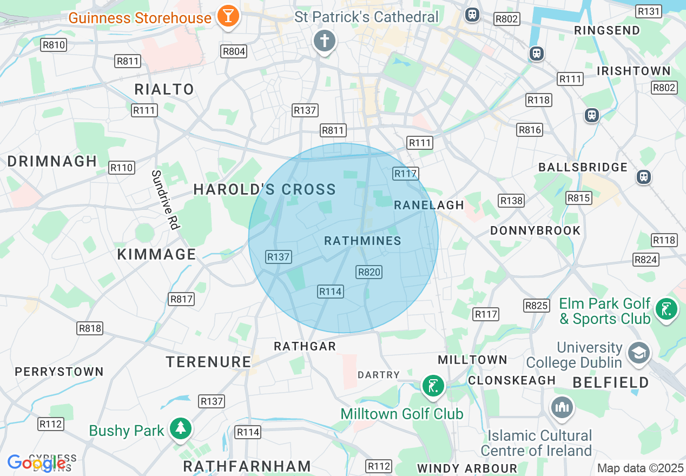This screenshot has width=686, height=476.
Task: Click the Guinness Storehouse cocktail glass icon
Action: tap(228, 16)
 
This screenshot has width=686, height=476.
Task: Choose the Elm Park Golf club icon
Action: tap(666, 309)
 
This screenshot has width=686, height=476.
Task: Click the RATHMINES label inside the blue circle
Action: tap(362, 241)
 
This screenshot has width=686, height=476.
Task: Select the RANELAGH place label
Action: tap(429, 205)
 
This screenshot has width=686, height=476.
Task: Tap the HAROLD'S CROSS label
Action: tap(265, 189)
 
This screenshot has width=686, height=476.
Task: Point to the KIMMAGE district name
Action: tap(156, 254)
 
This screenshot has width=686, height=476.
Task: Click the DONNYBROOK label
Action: tap(535, 230)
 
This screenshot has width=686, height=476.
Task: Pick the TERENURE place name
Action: tap(208, 362)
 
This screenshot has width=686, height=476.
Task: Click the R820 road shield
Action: tap(369, 272)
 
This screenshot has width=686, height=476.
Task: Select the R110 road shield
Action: tap(121, 168)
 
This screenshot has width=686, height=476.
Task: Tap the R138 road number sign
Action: tap(511, 201)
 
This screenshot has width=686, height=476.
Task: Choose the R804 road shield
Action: tap(234, 51)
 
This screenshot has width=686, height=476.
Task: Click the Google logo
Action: tap(36, 463)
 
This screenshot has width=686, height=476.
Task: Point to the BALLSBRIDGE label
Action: tap(583, 167)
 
